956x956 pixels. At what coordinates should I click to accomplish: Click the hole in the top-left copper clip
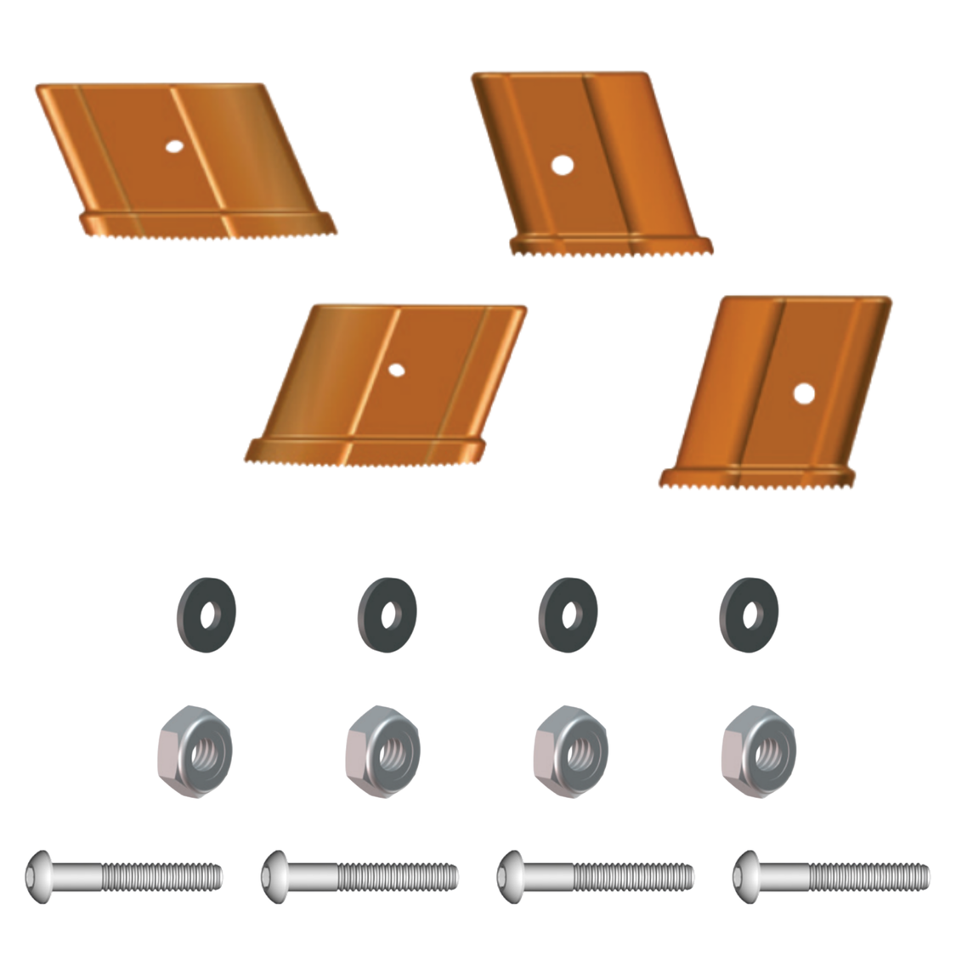[173, 146]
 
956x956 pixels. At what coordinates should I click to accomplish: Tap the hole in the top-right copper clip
[560, 165]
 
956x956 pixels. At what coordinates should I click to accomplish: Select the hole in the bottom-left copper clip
[395, 370]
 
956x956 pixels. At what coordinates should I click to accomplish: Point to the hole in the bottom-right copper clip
[803, 393]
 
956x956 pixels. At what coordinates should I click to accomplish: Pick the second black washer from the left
[387, 614]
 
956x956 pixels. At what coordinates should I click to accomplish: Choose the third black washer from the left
[568, 614]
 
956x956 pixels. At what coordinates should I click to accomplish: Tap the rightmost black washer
[748, 614]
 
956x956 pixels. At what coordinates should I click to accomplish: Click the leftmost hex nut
[195, 751]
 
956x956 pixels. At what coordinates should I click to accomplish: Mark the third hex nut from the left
[571, 751]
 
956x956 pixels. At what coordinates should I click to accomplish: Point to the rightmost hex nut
[759, 751]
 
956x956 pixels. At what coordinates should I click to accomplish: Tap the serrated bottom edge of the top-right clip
[612, 249]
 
